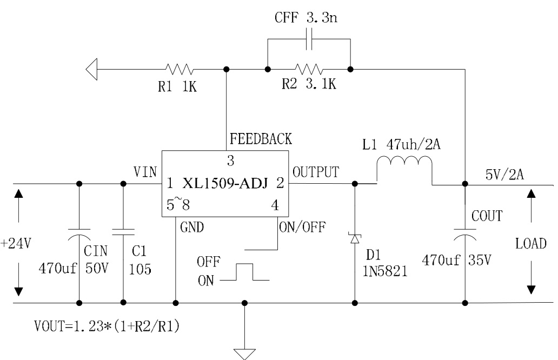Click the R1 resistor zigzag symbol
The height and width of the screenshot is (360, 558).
tap(179, 69)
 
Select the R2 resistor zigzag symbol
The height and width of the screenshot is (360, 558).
tap(309, 69)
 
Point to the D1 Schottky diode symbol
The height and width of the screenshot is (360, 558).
tap(355, 237)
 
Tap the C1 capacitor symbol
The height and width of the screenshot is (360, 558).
tap(123, 232)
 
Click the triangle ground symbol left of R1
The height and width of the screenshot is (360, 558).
tap(91, 69)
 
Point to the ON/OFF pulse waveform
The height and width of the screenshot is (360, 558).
tap(245, 272)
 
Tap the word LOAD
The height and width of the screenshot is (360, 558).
tap(531, 243)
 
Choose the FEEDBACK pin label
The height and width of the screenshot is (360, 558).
tap(261, 139)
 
